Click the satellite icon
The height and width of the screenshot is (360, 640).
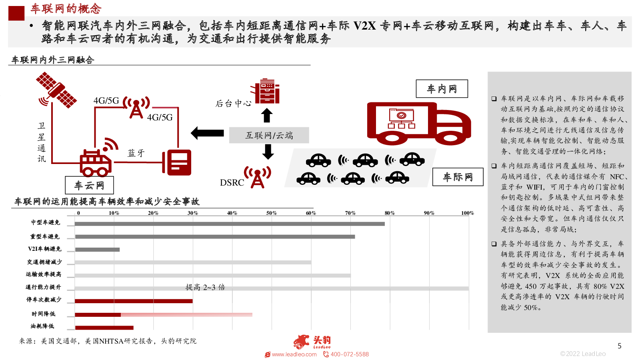coord(56,90)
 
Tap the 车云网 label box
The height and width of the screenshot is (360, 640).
coord(90,185)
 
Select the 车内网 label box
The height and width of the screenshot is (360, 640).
coord(442,89)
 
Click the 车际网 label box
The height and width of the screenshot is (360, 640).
coord(458,177)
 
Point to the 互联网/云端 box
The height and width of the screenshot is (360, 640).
coord(269,135)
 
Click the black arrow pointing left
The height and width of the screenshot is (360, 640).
coord(207,133)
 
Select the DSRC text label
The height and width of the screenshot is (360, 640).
coord(232,182)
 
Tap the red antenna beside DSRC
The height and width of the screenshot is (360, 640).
coord(258,177)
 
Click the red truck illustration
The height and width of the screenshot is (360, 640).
coord(418,123)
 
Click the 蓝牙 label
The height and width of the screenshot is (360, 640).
coord(136,153)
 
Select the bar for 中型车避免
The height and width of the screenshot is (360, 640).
coord(230,224)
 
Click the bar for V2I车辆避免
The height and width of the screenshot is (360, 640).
coord(97,250)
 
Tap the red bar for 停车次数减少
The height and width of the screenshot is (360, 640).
coord(134,301)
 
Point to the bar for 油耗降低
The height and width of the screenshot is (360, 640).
coord(104,328)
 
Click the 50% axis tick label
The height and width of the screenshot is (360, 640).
coord(272,213)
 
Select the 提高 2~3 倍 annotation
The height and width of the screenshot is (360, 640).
coord(205,287)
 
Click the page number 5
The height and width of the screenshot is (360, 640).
coord(619,346)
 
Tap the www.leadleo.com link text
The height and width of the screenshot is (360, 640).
coord(294,354)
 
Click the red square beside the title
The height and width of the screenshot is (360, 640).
coord(16,13)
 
